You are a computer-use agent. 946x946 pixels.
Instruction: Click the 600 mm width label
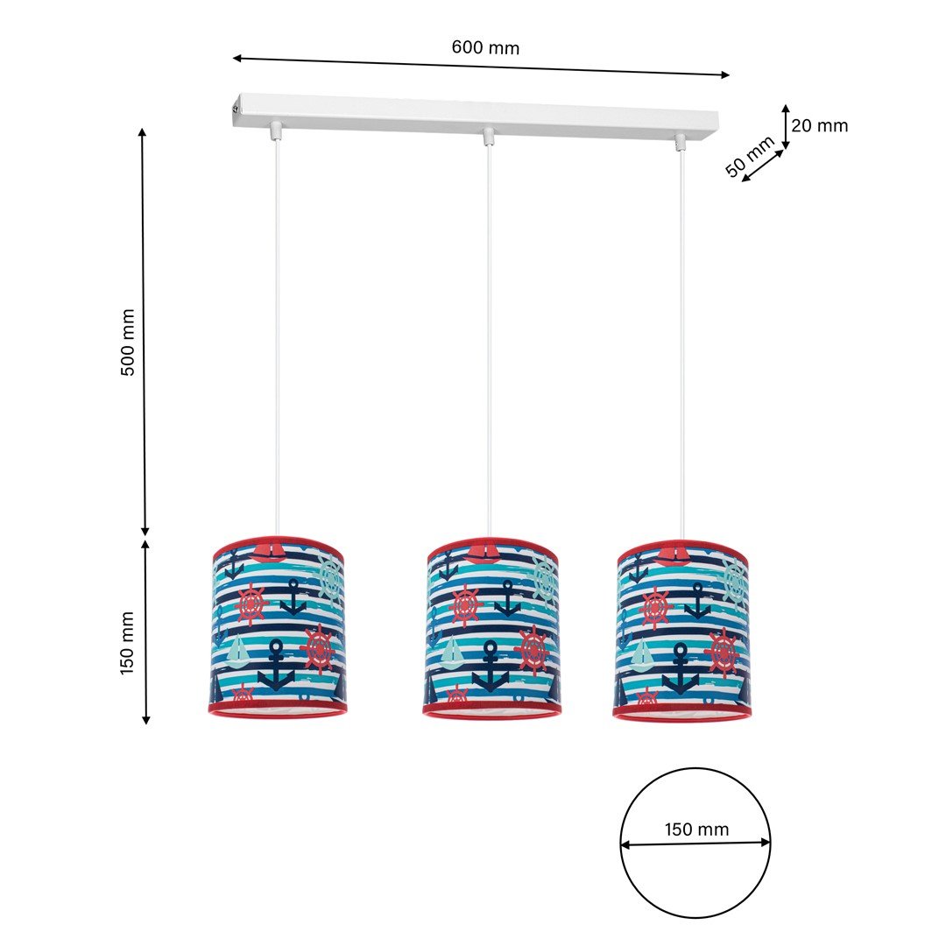pyautogui.click(x=485, y=47)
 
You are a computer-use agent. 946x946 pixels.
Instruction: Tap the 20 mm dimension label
pyautogui.click(x=820, y=125)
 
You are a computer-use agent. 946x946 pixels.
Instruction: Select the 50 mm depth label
pyautogui.click(x=750, y=156)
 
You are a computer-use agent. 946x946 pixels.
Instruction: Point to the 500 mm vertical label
pyautogui.click(x=129, y=342)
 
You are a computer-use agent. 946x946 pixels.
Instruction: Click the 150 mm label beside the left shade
pyautogui.click(x=129, y=643)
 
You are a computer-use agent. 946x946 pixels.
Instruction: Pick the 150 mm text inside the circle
pyautogui.click(x=696, y=830)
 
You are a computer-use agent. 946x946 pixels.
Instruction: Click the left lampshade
pyautogui.click(x=278, y=628)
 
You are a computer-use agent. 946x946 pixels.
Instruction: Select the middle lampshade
pyautogui.click(x=491, y=629)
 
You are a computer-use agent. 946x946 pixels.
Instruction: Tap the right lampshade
pyautogui.click(x=682, y=630)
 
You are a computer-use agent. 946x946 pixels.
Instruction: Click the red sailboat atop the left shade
pyautogui.click(x=268, y=552)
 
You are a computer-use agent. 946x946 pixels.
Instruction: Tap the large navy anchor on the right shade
pyautogui.click(x=681, y=667)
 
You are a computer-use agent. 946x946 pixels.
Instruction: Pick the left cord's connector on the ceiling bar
pyautogui.click(x=277, y=130)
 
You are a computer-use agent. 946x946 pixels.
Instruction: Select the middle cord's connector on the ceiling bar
pyautogui.click(x=488, y=136)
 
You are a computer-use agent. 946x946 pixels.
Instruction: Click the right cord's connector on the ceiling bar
pyautogui.click(x=681, y=140)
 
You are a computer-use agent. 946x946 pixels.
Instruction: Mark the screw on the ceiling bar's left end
pyautogui.click(x=235, y=108)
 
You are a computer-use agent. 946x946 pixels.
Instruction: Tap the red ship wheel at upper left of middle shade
pyautogui.click(x=465, y=605)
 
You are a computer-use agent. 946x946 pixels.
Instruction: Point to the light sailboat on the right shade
pyautogui.click(x=642, y=653)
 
